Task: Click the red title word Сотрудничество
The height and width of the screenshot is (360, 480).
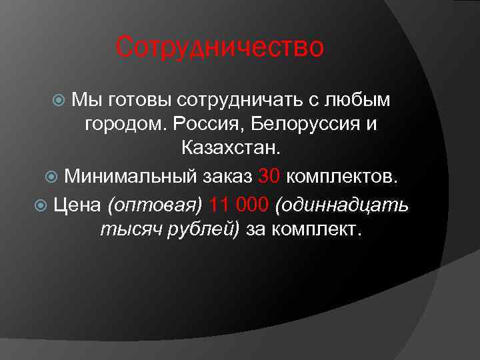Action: pyautogui.click(x=219, y=48)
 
